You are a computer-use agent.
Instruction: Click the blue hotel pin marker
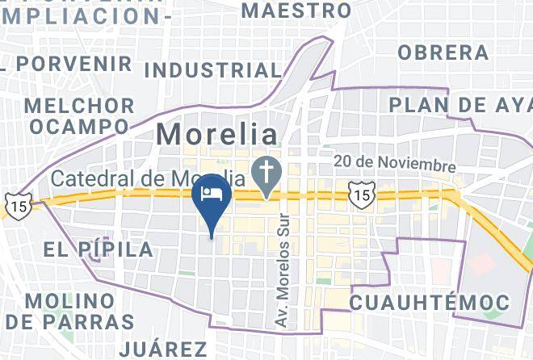[212, 202]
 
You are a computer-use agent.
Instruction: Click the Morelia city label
[216, 133]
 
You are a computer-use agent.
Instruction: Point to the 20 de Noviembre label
[395, 164]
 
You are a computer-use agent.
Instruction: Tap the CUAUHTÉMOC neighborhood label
[430, 303]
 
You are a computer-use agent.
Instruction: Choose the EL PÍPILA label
[99, 249]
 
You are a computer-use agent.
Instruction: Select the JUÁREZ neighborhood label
[163, 349]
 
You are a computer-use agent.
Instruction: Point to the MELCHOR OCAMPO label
[79, 116]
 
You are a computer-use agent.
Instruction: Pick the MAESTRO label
[296, 10]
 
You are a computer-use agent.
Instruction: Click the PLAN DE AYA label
[460, 105]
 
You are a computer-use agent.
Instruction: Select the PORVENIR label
[73, 62]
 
